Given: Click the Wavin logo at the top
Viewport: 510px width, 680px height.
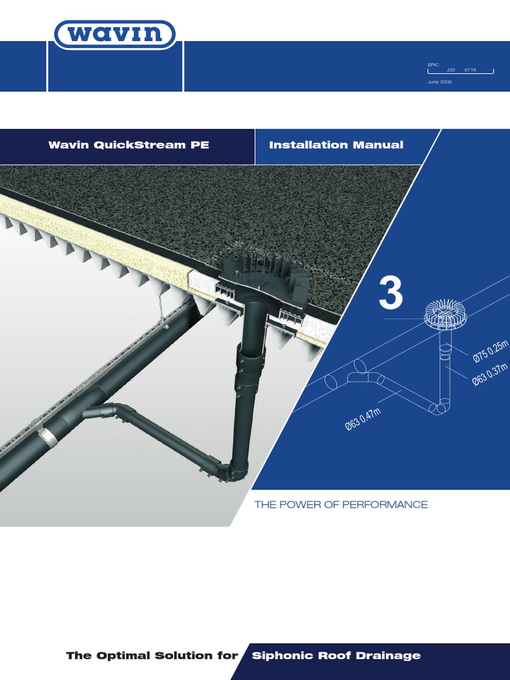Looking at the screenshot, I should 115,35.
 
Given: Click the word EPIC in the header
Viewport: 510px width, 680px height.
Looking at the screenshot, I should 433,64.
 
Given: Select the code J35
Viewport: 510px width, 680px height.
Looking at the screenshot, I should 451,69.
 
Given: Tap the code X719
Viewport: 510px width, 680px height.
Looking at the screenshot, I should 469,69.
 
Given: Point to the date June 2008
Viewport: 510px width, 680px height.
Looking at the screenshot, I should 440,82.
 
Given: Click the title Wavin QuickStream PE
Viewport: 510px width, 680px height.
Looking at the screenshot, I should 129,145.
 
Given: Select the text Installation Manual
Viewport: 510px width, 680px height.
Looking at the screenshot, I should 336,145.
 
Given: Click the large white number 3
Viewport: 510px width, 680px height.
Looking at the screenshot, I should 390,294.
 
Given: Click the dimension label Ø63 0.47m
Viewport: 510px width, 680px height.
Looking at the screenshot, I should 363,420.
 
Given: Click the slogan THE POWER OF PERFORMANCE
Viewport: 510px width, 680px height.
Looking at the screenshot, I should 341,505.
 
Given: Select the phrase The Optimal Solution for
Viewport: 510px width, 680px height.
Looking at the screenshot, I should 152,655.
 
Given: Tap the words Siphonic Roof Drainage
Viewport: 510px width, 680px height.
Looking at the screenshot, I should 336,655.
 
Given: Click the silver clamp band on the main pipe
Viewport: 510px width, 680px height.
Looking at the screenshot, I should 46,436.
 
